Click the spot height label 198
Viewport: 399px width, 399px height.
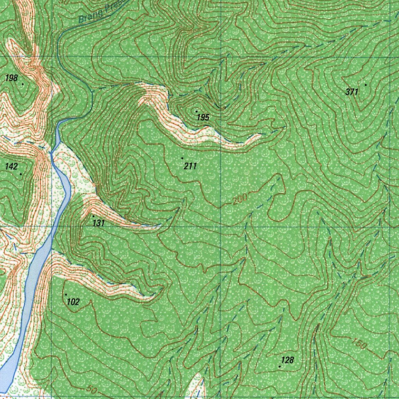[x=11, y=78]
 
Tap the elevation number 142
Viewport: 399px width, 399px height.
[x=11, y=167]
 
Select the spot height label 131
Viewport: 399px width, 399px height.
[x=99, y=223]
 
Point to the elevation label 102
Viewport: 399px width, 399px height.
[x=73, y=302]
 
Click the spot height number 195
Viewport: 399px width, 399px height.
[x=203, y=117]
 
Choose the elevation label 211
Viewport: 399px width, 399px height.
[x=190, y=166]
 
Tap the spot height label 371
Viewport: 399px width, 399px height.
[x=352, y=92]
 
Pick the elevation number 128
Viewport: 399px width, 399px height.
[x=287, y=360]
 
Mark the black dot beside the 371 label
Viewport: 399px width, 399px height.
[x=365, y=85]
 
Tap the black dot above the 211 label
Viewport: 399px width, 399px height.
[x=182, y=158]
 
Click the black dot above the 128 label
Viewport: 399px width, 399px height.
[x=280, y=367]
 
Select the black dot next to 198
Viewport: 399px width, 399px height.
[x=23, y=84]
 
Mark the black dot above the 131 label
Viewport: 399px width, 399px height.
[x=94, y=215]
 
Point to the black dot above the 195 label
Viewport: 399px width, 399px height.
[x=196, y=111]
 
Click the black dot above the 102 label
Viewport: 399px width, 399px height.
[x=66, y=295]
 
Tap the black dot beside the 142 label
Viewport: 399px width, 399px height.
[x=21, y=174]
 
